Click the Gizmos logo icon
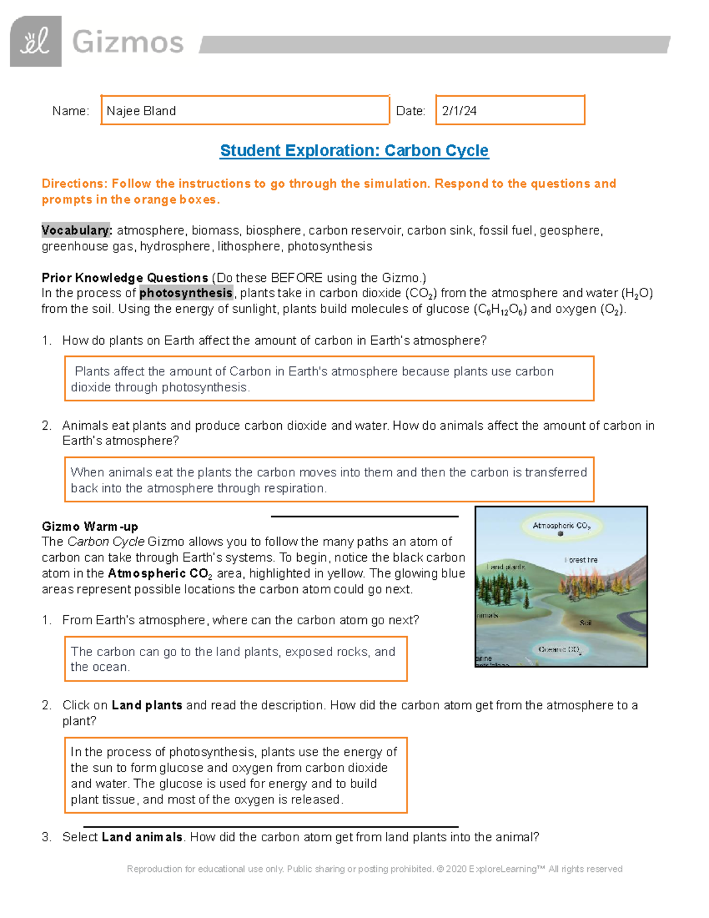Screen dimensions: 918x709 (35, 41)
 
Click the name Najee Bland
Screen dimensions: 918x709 (141, 111)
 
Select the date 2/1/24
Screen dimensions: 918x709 (459, 111)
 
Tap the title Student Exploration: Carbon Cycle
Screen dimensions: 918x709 (354, 151)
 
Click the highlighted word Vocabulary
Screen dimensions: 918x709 (76, 231)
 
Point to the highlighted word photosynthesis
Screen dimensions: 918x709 (186, 293)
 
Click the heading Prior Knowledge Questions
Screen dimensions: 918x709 (125, 278)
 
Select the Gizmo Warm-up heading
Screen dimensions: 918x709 (90, 527)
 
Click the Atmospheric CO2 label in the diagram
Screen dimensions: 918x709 (561, 526)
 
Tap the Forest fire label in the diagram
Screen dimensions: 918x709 (581, 560)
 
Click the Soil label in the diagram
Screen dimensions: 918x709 (586, 622)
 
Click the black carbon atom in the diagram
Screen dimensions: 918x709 (561, 534)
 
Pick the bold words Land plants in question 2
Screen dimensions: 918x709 (147, 705)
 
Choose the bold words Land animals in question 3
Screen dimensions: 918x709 (142, 837)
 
